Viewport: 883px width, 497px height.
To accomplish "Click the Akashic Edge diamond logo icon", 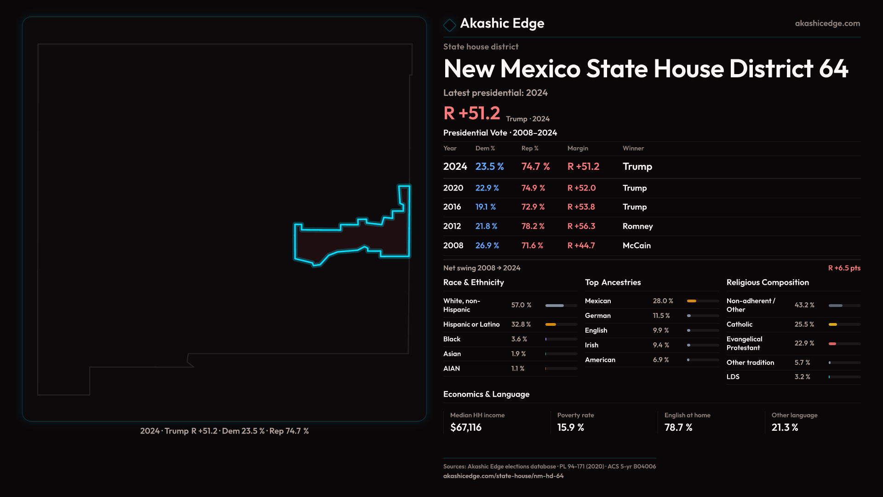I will pyautogui.click(x=449, y=24).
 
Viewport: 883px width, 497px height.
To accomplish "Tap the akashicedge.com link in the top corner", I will pyautogui.click(x=827, y=23).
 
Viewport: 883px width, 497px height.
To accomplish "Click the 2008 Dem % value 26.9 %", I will pyautogui.click(x=487, y=246).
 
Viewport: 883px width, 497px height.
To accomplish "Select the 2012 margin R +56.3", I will pyautogui.click(x=581, y=226).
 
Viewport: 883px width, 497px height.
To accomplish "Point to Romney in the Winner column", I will pyautogui.click(x=637, y=226).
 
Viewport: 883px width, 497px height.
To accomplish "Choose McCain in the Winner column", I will pyautogui.click(x=636, y=246).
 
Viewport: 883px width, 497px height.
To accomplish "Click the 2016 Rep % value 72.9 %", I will pyautogui.click(x=533, y=207).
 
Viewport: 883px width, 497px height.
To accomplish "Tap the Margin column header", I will pyautogui.click(x=578, y=148).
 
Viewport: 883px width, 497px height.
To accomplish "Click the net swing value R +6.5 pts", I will pyautogui.click(x=844, y=268).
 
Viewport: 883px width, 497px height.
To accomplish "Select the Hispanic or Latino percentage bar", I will pyautogui.click(x=561, y=324).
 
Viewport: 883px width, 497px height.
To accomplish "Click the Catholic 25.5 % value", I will pyautogui.click(x=804, y=324).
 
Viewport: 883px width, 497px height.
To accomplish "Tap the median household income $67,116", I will pyautogui.click(x=466, y=428).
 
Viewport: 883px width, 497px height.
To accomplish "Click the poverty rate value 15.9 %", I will pyautogui.click(x=571, y=428).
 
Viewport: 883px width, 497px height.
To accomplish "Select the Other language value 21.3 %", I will pyautogui.click(x=785, y=428).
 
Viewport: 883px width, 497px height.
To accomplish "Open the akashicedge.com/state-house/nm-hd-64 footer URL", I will pyautogui.click(x=503, y=476).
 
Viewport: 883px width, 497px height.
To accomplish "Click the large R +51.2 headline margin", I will pyautogui.click(x=471, y=113).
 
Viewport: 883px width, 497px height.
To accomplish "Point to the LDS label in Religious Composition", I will pyautogui.click(x=733, y=377).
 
